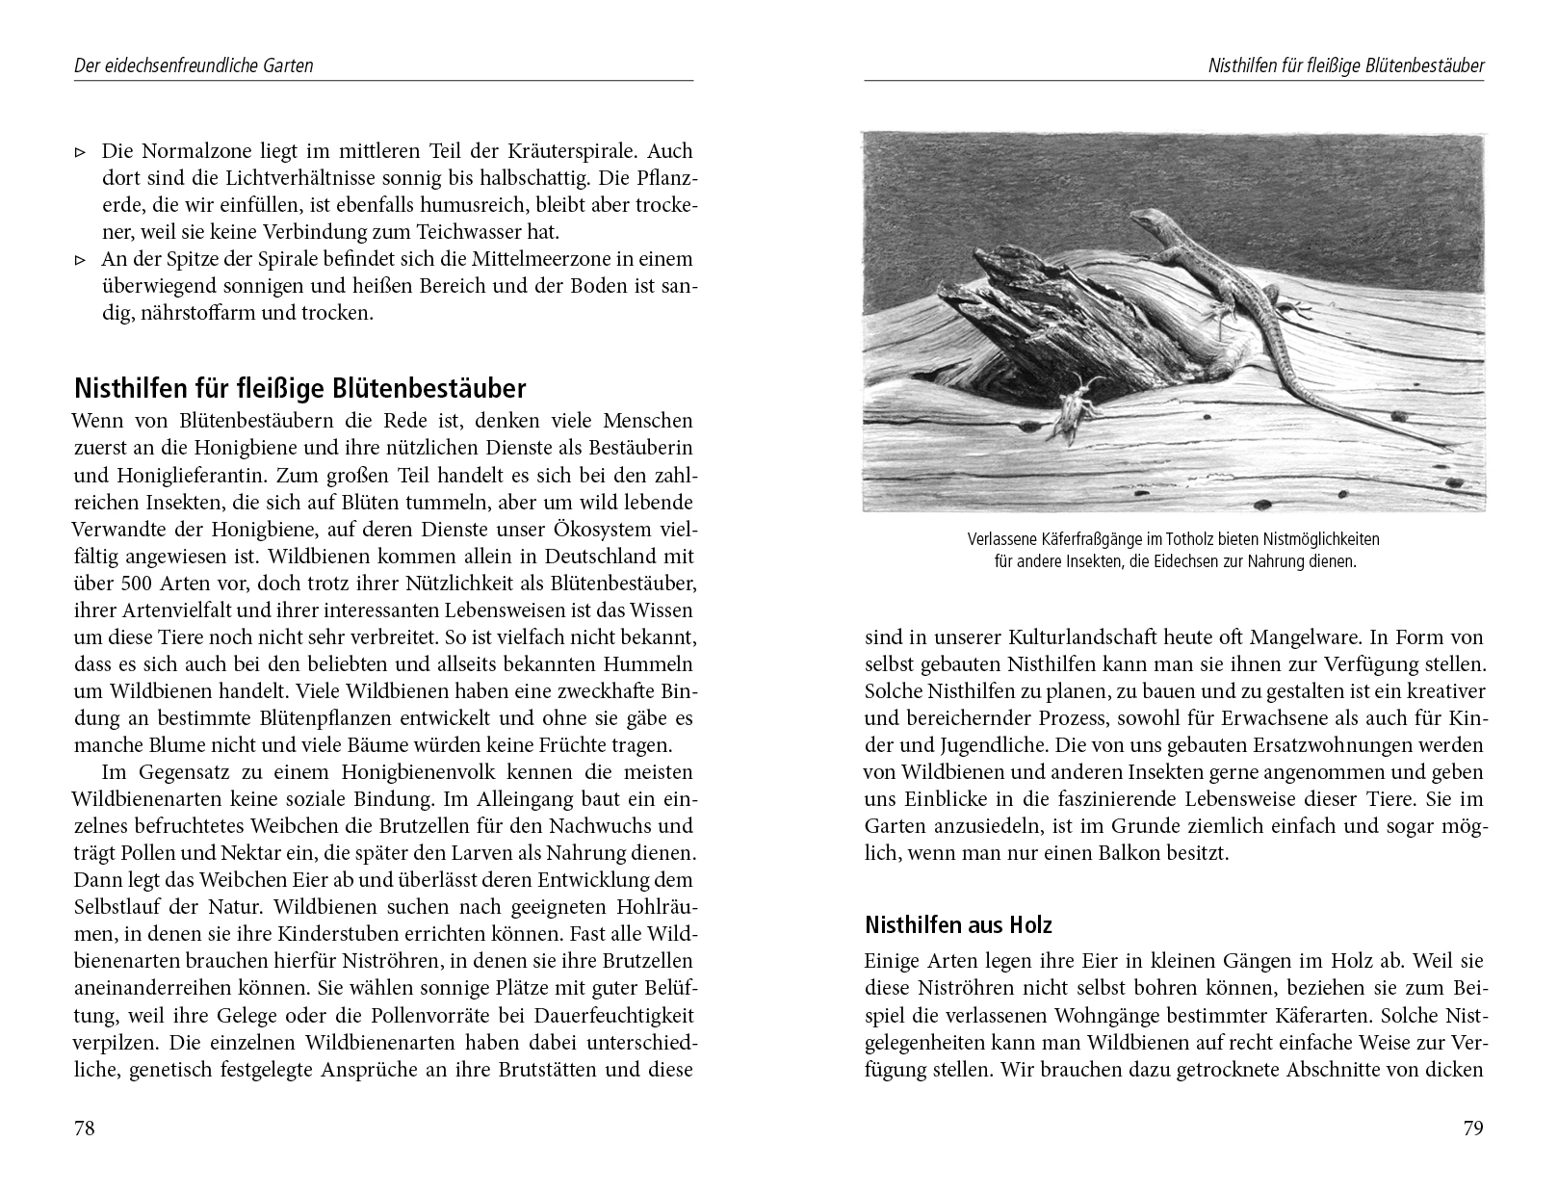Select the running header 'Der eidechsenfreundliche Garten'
(194, 66)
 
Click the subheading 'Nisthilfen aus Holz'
(958, 925)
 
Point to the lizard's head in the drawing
(1146, 220)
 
